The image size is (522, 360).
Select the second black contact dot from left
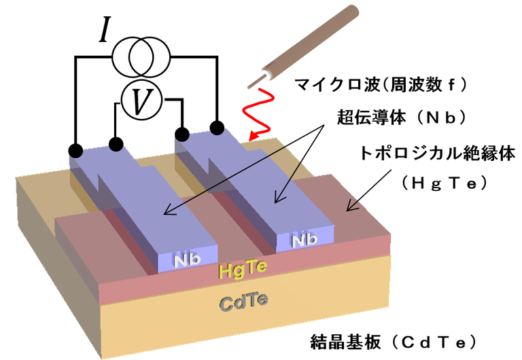tap(116, 143)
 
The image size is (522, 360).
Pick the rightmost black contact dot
tap(217, 127)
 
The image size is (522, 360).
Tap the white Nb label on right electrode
tap(304, 240)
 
